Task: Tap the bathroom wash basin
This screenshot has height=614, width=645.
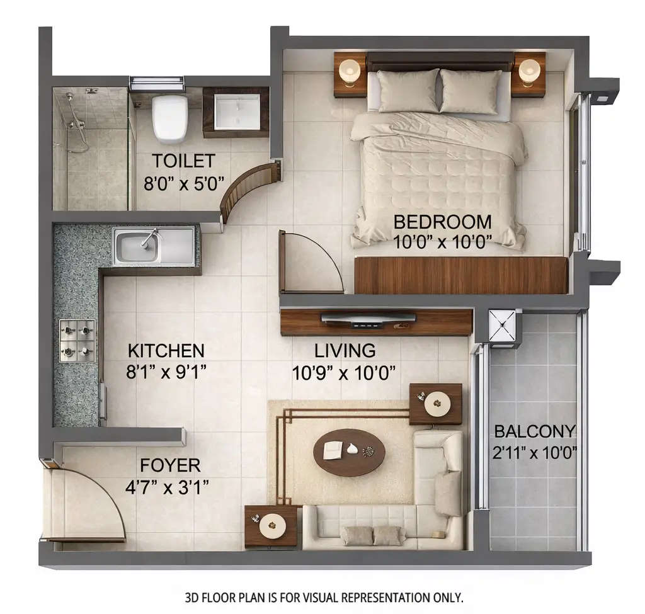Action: [237, 111]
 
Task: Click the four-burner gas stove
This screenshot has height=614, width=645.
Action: [77, 341]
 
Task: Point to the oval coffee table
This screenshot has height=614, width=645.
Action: [349, 452]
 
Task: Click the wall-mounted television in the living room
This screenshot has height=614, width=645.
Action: [368, 319]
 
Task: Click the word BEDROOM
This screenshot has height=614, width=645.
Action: [442, 222]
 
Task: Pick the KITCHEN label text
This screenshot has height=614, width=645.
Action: [166, 351]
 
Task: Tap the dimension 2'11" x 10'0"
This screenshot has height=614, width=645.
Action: [535, 453]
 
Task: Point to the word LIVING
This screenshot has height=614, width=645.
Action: [345, 351]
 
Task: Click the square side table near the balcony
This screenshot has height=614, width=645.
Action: [435, 404]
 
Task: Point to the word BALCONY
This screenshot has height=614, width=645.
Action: [535, 432]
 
